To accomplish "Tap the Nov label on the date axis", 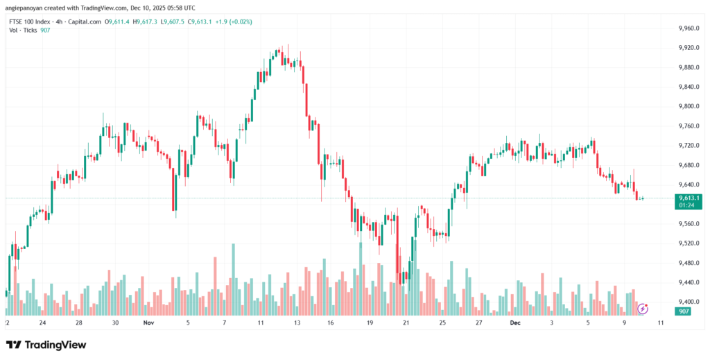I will pos(148,323).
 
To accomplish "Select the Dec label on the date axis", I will pos(515,323).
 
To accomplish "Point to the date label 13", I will pos(297,323).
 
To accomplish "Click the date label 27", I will pos(479,323).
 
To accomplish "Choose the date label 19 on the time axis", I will pos(370,323).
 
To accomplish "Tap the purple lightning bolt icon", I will pos(643,308).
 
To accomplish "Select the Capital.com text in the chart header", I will pos(83,22).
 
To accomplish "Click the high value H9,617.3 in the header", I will pos(146,22).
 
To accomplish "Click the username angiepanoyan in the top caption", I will pos(28,8).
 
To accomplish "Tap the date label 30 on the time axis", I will pos(115,323).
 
